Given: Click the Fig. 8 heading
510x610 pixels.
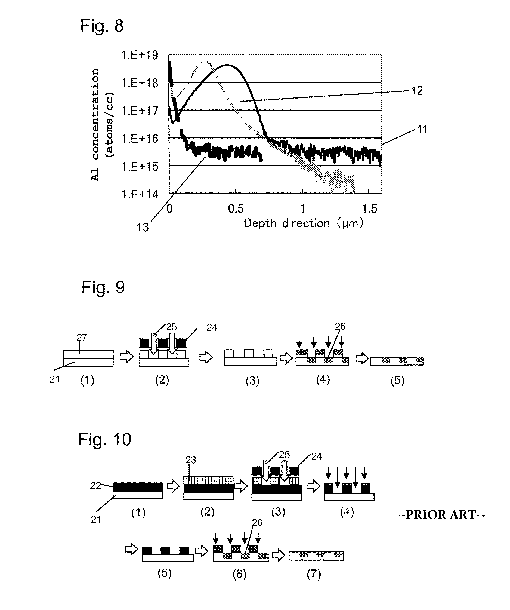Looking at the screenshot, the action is coord(102,26).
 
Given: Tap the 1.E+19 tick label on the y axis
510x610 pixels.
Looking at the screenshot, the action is coord(140,55).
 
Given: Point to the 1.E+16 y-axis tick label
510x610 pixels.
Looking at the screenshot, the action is coord(140,139).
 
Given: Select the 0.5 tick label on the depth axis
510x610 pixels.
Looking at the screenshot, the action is coord(236,209).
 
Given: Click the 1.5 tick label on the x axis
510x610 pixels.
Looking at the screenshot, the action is coord(369,209).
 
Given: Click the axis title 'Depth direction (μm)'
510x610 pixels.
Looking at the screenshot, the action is coord(303,223).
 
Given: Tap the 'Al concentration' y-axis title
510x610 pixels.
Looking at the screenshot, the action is coord(95,125).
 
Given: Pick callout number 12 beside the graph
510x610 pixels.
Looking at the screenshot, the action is coord(417,91).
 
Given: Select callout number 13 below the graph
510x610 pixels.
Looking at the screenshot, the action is coord(142,228).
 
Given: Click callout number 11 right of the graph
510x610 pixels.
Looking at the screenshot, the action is coord(422,129).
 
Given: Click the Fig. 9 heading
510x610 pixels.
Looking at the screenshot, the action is coord(103,287).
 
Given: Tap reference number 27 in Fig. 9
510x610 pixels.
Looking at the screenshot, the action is coord(82,338).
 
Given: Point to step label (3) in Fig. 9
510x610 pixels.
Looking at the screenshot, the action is coord(252,381).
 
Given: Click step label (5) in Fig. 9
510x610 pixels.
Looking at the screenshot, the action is coord(397,381).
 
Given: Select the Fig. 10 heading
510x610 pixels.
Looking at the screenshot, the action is coord(105,439).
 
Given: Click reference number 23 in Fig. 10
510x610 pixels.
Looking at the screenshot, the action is coord(191,460).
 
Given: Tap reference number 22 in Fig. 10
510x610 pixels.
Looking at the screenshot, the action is coord(95,485).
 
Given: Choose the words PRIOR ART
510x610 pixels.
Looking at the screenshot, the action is coord(440,515).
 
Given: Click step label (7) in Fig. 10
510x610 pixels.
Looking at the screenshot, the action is coord(314,574).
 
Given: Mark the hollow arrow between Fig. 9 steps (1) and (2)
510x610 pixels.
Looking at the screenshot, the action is coord(127,357).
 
